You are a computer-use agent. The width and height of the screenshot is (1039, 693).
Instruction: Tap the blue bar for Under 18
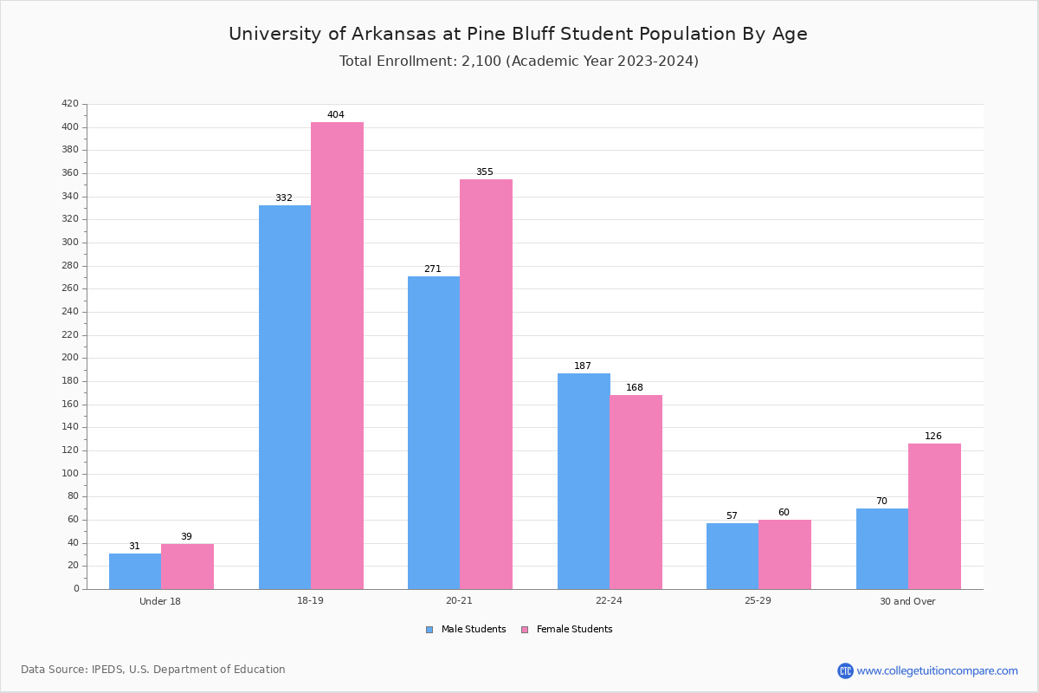135,571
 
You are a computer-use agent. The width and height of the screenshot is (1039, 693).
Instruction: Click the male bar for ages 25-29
732,556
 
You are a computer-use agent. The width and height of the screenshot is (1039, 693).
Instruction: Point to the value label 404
336,114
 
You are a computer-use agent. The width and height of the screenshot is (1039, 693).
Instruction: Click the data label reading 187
583,366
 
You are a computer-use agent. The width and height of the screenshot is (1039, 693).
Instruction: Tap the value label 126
933,436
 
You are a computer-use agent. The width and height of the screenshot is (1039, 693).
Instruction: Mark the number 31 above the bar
134,546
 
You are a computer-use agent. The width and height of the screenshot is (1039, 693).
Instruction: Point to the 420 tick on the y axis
70,104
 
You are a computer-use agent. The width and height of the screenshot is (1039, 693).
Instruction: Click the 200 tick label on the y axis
70,358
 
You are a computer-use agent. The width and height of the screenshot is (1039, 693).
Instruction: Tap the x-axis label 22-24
609,601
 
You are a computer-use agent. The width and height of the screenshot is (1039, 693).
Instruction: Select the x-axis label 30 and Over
907,601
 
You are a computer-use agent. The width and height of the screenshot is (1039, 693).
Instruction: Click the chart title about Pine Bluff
518,34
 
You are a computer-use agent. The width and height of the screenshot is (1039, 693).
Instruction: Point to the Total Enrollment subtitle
519,62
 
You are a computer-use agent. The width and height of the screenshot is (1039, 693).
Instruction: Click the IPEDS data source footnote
153,670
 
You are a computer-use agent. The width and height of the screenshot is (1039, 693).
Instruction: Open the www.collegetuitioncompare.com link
937,670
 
